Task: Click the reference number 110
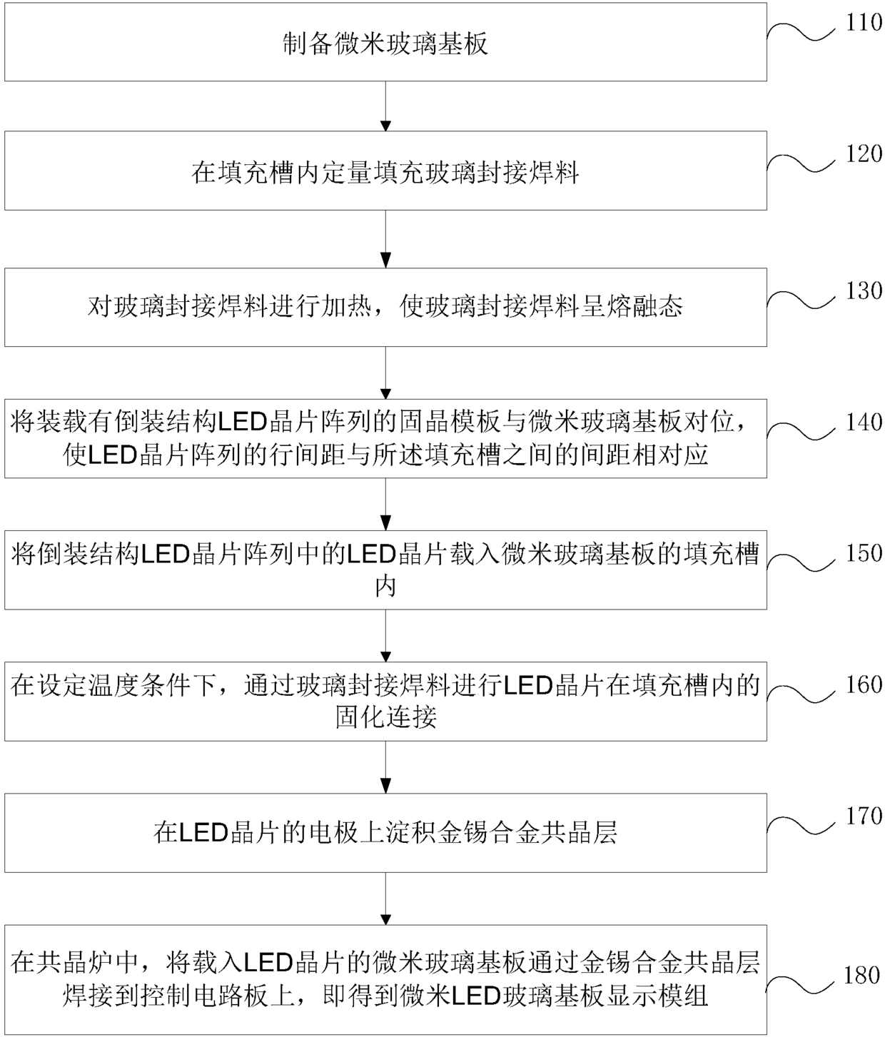(864, 23)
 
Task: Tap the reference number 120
(864, 154)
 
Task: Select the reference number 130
(864, 291)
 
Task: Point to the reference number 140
(864, 423)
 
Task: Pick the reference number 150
(864, 554)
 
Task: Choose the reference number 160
(864, 685)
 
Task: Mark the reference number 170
(864, 816)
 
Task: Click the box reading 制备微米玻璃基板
(385, 42)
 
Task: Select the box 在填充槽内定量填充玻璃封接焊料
(385, 171)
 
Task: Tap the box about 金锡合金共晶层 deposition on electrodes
(385, 833)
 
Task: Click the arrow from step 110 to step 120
(385, 106)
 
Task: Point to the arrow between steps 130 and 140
(385, 373)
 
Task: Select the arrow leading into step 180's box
(385, 899)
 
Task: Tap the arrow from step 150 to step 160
(385, 636)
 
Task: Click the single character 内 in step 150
(385, 587)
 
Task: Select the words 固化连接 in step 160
(385, 717)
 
